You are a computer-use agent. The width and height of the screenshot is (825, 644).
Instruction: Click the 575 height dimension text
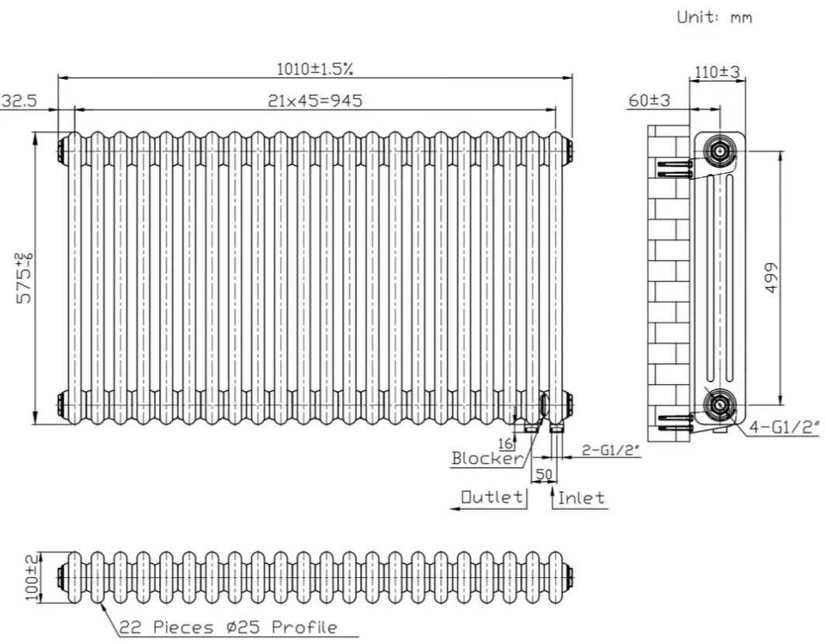point(25,278)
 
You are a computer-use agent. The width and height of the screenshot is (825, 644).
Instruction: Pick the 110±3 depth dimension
point(716,72)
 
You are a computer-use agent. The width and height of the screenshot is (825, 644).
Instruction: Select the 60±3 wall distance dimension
point(650,101)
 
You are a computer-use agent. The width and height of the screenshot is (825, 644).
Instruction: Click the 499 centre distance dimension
point(769,277)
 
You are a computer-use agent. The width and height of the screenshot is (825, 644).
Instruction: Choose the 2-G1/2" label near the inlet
point(611,450)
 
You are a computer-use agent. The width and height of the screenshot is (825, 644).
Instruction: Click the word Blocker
point(487,458)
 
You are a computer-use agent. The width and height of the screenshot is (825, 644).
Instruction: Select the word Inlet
point(581,497)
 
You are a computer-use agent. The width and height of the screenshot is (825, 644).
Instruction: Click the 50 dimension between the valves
point(543,473)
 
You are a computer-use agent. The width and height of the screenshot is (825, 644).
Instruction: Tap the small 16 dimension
point(506,443)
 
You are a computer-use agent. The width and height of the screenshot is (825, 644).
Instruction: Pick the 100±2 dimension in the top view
point(31,576)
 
